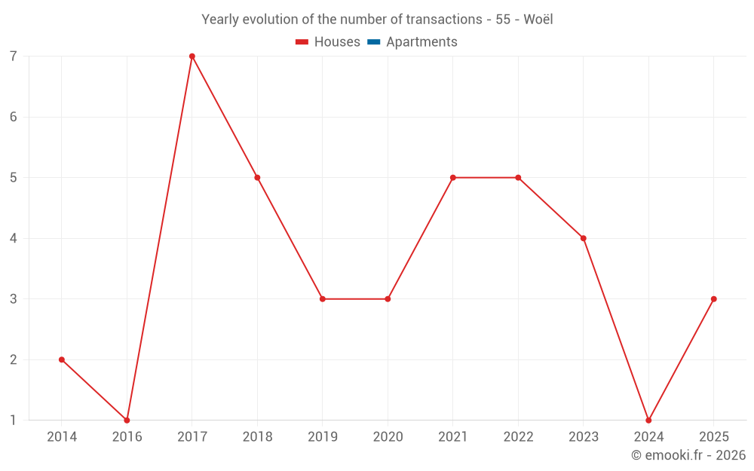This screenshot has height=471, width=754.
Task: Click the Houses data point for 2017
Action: tap(192, 56)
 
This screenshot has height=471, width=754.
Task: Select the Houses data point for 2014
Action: tap(62, 359)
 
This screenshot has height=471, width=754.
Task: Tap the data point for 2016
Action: tap(127, 420)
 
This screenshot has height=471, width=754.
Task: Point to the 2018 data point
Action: tap(257, 178)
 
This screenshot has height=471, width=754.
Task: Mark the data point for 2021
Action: tap(453, 178)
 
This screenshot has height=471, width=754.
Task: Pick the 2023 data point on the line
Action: tap(584, 238)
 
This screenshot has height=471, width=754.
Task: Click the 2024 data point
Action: tap(648, 420)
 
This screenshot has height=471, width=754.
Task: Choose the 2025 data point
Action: tap(713, 299)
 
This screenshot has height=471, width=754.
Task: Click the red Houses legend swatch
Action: tap(302, 42)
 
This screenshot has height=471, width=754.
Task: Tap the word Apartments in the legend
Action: tap(421, 42)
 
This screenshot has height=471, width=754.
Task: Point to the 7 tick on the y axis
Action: tap(14, 57)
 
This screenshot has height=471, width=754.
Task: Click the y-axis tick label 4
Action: tap(14, 238)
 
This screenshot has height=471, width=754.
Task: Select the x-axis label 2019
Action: tap(323, 436)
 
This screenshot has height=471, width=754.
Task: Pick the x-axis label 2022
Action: tap(518, 436)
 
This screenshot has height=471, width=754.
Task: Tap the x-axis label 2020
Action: tap(388, 436)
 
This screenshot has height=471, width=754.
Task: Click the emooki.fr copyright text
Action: tap(688, 454)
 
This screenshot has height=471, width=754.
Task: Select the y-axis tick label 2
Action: tap(14, 359)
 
